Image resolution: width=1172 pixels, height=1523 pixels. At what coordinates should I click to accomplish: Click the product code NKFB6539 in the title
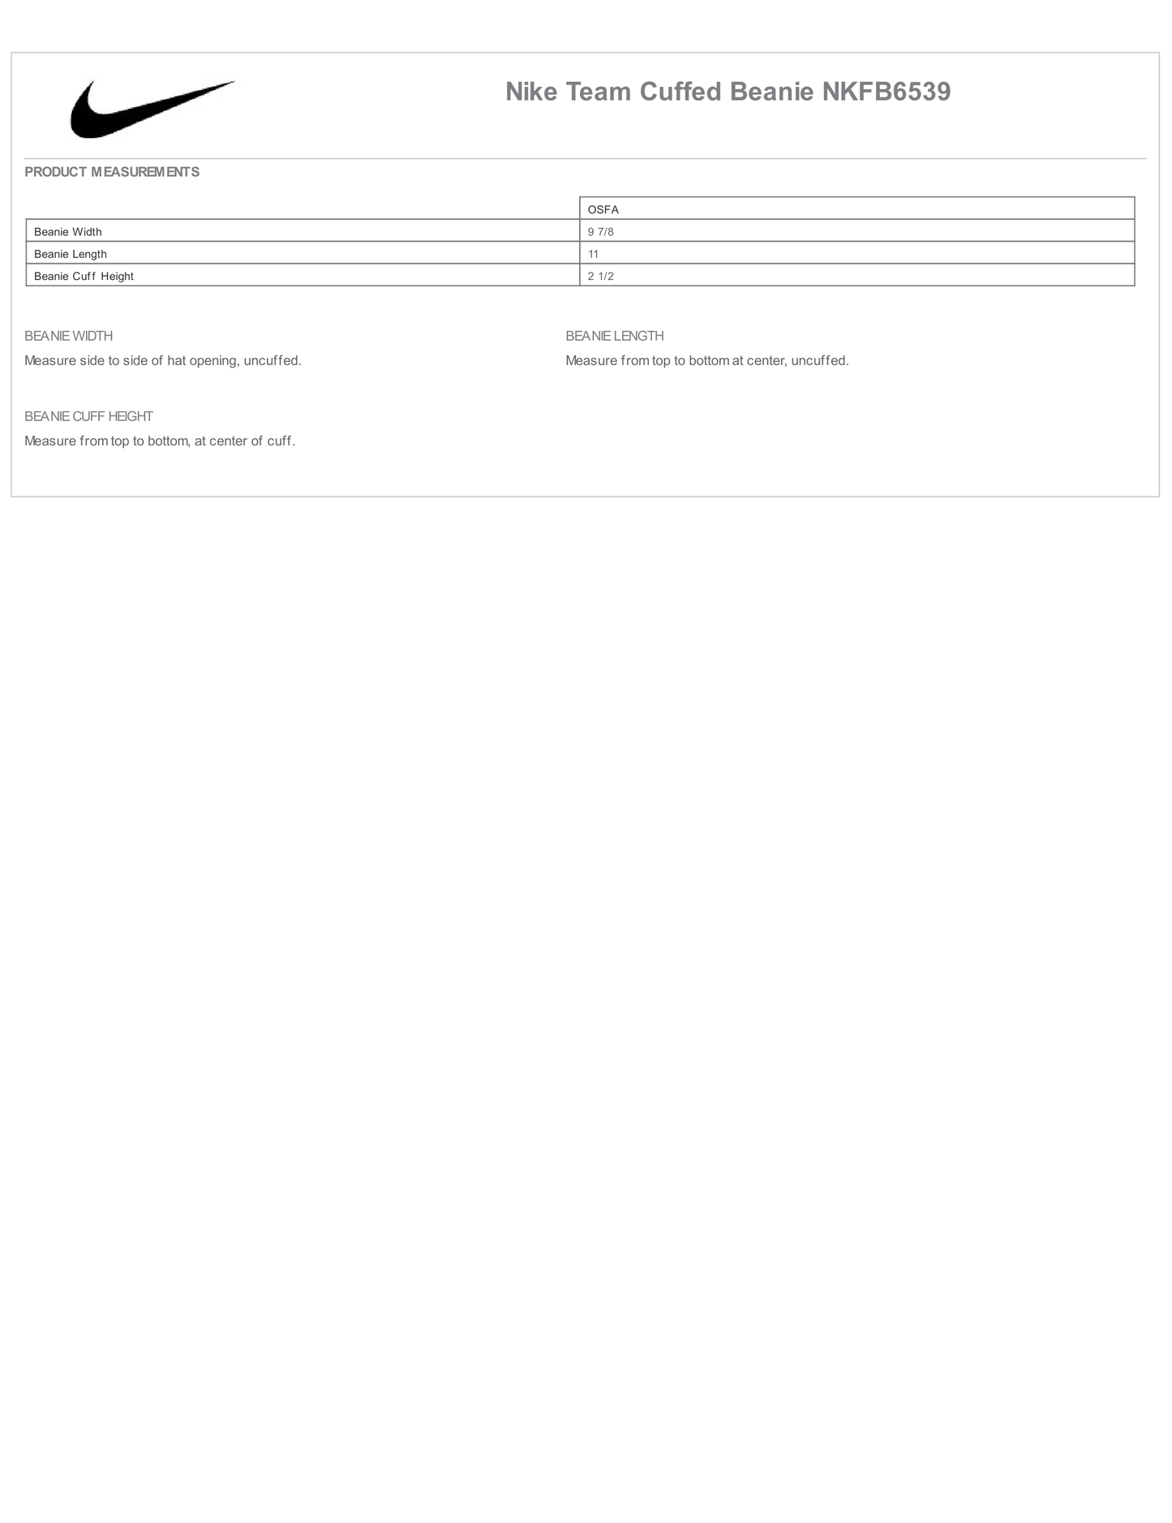886,92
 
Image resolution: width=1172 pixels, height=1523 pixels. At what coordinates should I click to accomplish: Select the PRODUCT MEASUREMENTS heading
112,172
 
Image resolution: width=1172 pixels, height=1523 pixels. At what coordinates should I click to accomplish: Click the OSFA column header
603,209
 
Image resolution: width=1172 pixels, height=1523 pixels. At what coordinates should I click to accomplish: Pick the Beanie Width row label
68,232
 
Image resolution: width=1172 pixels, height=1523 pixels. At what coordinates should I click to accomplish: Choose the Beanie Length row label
71,254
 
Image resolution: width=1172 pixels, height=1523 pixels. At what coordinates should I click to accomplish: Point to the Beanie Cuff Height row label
84,276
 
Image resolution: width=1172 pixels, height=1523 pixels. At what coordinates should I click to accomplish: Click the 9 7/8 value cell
601,232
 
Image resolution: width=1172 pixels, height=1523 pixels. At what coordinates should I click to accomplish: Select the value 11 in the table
594,254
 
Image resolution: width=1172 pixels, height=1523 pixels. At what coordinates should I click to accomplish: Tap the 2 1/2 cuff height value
601,276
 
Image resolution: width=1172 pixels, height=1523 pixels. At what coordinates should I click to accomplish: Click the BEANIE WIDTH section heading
69,336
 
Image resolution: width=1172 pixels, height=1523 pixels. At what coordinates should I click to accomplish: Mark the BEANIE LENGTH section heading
615,336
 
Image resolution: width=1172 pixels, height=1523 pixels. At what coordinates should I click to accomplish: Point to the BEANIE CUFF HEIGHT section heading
88,416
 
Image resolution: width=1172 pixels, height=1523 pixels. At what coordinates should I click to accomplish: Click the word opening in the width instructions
213,360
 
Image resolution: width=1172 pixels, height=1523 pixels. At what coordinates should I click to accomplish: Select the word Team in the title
599,92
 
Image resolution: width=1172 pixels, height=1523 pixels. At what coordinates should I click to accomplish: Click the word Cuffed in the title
680,92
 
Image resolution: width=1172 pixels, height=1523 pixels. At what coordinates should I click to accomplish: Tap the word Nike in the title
531,92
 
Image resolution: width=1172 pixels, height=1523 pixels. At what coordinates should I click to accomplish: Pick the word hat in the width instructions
177,360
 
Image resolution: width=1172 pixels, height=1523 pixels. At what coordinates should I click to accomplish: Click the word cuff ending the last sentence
279,441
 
